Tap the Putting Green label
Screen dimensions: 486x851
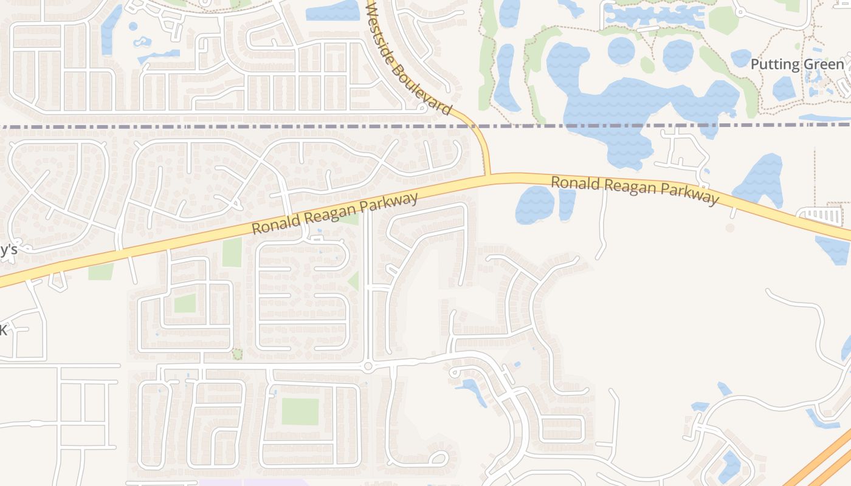point(797,64)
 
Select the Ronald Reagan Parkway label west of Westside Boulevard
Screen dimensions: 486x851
point(335,214)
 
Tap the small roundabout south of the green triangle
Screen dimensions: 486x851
point(368,366)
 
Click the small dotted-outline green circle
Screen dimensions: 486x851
point(237,354)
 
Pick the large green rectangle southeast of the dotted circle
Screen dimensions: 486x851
point(300,411)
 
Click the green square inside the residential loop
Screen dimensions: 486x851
point(185,303)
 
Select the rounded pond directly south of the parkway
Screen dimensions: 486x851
point(534,204)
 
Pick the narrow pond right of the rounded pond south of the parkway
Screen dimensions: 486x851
point(567,204)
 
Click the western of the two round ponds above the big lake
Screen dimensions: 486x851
point(621,50)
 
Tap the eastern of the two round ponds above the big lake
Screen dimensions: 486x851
point(678,55)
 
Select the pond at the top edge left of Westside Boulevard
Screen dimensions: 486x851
point(333,10)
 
